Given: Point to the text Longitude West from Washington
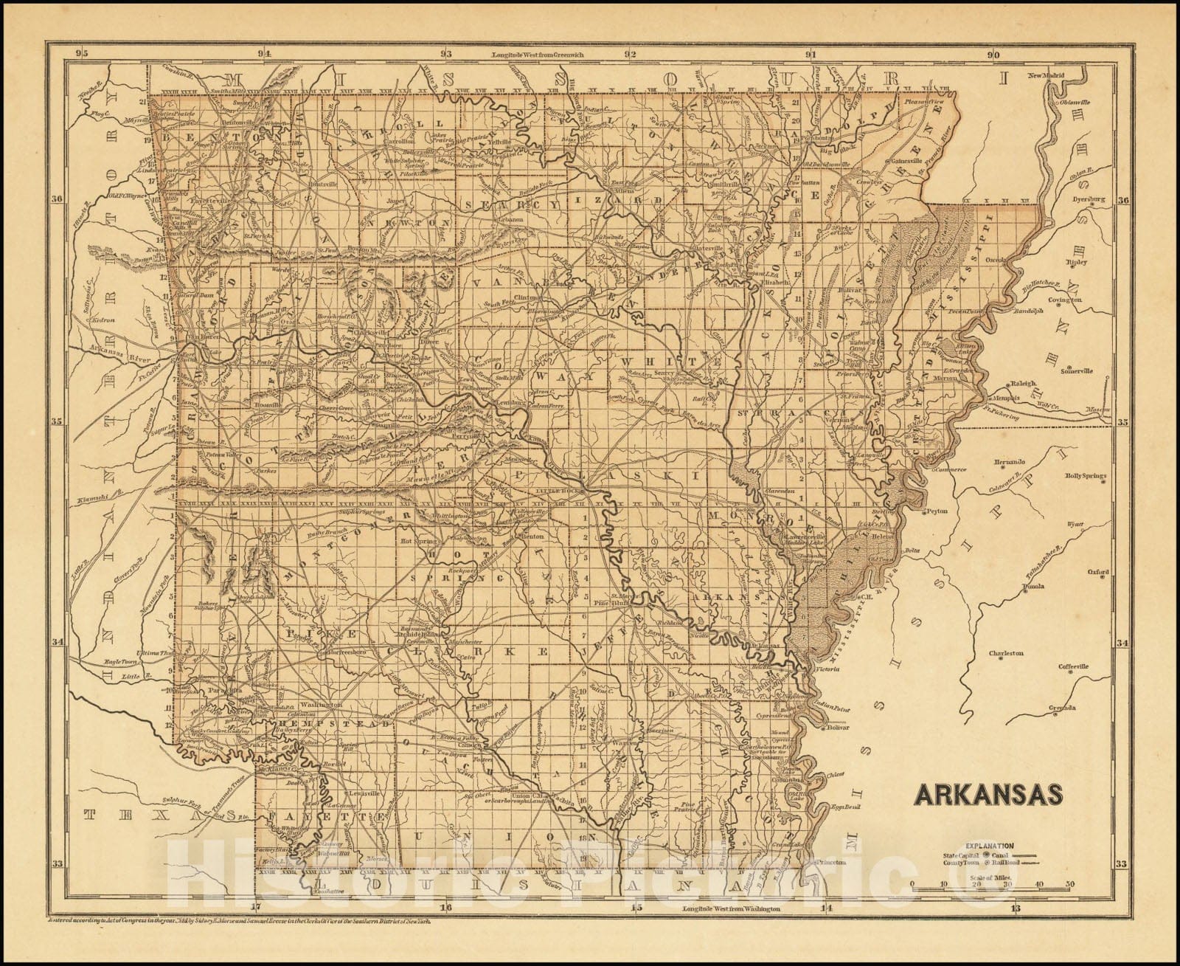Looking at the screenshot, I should (730, 908).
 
